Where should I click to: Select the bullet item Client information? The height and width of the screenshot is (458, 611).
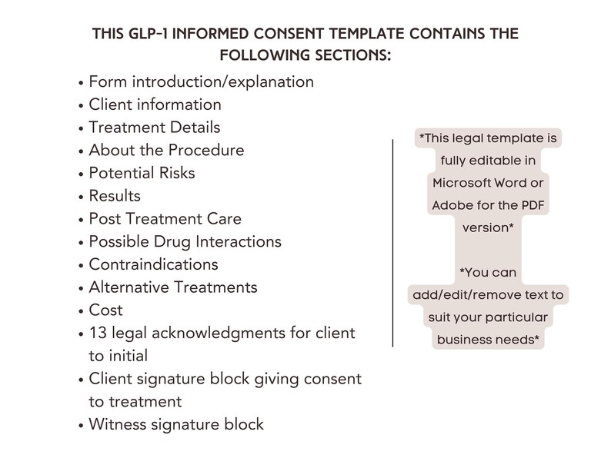coord(155,104)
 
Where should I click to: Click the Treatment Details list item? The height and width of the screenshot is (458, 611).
coord(154,127)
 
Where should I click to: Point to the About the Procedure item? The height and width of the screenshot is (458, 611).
coord(166,150)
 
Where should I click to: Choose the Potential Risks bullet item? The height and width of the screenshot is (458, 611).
coord(142,173)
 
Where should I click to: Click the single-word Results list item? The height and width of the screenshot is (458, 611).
coord(115,196)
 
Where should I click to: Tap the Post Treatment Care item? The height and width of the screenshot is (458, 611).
coord(165,219)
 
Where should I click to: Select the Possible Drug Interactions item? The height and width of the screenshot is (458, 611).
coord(185,241)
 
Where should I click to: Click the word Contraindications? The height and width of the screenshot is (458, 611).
coord(153,264)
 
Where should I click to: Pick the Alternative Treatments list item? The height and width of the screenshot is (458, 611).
coord(173,287)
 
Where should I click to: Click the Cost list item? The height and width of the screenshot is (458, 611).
coord(105,310)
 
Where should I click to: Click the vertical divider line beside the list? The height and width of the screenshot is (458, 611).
coord(392,243)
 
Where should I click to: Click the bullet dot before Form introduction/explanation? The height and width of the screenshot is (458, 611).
coord(82,82)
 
